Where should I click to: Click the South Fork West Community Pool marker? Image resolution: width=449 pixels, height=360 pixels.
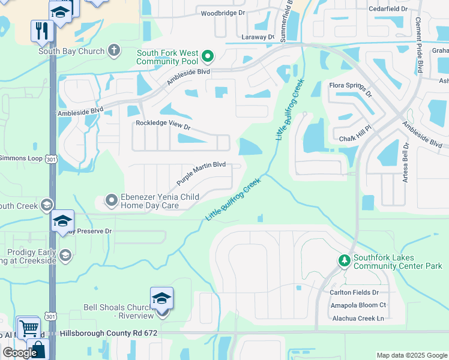pos(208,57)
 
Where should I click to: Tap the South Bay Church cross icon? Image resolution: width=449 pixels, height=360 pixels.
pos(114,51)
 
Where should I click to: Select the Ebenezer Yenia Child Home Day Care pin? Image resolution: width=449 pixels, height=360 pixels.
pos(111,200)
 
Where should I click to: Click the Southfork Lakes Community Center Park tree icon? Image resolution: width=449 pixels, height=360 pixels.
pos(344,260)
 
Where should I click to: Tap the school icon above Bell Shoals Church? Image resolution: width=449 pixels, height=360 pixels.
pos(162,298)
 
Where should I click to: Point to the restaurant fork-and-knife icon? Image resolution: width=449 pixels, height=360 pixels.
pos(42,31)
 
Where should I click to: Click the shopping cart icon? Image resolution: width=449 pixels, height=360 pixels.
pos(28,328)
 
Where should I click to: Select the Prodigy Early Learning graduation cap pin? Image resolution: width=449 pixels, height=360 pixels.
pos(65,256)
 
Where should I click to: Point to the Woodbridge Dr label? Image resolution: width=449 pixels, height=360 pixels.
pos(223,13)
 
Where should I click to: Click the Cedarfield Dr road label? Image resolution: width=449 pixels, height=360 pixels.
pos(388,10)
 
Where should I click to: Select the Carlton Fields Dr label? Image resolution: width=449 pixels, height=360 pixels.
pos(354,292)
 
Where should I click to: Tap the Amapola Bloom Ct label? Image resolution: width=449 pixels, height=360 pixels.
pos(357,305)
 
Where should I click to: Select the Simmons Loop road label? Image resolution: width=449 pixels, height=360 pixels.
pos(21,158)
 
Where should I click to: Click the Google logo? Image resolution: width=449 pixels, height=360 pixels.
pos(20,353)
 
